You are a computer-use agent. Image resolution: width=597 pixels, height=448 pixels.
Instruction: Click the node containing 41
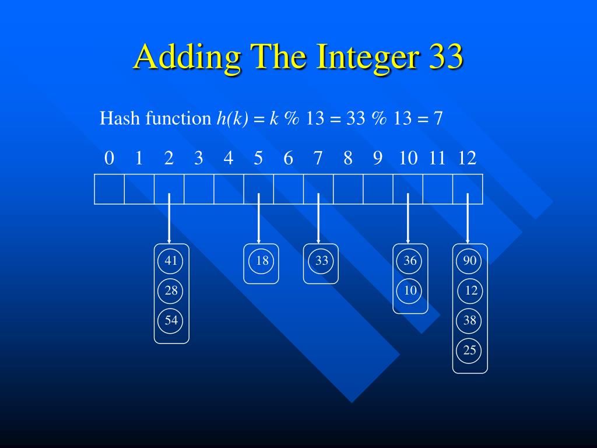171,261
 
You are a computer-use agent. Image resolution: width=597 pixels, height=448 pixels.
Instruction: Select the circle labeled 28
171,290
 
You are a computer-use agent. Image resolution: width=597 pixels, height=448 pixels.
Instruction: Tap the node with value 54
171,320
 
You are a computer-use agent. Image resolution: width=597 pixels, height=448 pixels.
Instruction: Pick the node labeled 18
261,261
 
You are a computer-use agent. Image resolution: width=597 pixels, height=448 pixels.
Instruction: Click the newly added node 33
321,261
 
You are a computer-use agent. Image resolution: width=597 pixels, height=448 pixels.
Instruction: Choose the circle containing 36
410,261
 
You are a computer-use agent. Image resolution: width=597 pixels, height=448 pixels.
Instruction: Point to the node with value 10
410,290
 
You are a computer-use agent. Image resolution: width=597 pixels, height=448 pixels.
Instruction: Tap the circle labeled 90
470,261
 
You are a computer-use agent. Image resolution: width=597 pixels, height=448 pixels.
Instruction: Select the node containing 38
470,320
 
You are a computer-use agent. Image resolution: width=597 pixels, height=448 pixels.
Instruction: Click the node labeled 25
470,350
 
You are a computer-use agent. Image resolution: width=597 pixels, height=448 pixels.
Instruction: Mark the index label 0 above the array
109,158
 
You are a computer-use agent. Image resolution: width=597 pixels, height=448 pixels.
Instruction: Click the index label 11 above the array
437,158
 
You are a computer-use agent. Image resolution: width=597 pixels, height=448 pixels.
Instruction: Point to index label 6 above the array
288,158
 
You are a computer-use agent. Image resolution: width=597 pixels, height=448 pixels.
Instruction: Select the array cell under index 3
199,189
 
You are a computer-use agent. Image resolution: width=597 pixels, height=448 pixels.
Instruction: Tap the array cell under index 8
348,189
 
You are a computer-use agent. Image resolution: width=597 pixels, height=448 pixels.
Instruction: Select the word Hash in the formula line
121,118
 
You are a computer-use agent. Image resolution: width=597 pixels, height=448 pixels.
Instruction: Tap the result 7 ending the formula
438,119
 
